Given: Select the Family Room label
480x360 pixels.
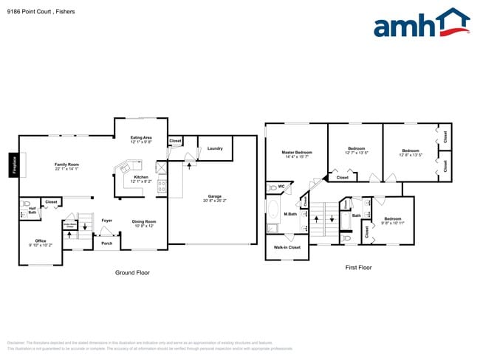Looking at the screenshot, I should [x=66, y=165].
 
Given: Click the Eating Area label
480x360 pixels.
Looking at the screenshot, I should [x=141, y=138].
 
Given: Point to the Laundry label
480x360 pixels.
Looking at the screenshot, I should [x=215, y=148].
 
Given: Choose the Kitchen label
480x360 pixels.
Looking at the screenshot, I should [x=141, y=177].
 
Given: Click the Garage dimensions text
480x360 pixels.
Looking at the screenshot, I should [x=215, y=201].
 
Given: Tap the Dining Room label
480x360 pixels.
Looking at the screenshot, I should [x=144, y=221].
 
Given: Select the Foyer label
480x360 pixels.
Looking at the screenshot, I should [x=107, y=220].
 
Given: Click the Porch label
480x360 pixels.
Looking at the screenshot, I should [x=107, y=243].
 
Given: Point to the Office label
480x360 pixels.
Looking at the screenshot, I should [x=41, y=240].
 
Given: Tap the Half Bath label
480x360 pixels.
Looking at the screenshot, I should [x=32, y=210].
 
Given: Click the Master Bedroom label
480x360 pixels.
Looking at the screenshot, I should [x=296, y=153].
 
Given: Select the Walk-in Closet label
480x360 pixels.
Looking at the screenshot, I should [x=287, y=247].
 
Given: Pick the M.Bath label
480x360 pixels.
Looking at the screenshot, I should [x=290, y=214].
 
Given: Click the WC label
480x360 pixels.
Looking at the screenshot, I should [x=281, y=186].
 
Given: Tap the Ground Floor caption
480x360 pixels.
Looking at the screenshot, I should [x=132, y=273].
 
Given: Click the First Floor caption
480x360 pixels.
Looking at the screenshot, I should [x=358, y=268].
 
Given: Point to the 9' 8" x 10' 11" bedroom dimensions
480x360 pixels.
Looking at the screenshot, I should [x=392, y=223].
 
